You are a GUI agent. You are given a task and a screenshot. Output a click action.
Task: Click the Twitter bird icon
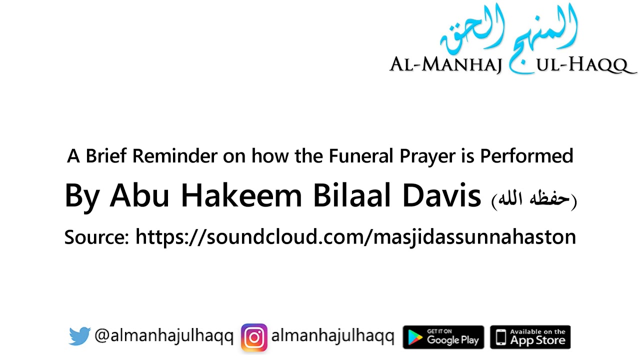click(79, 336)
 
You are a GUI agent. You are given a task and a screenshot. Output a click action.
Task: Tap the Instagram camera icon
click(254, 337)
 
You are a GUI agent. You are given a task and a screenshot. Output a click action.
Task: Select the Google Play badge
click(443, 337)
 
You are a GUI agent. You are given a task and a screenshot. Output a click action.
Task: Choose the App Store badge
click(530, 337)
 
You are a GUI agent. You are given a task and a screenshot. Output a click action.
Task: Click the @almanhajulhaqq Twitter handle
click(164, 336)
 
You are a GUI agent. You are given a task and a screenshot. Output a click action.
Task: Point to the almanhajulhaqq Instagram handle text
click(332, 336)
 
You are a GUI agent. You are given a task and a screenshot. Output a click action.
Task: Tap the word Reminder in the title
click(175, 156)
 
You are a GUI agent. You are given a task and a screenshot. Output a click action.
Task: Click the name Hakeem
click(241, 195)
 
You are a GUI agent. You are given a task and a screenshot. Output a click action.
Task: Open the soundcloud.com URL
click(355, 236)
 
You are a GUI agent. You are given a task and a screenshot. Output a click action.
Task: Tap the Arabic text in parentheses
click(534, 199)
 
